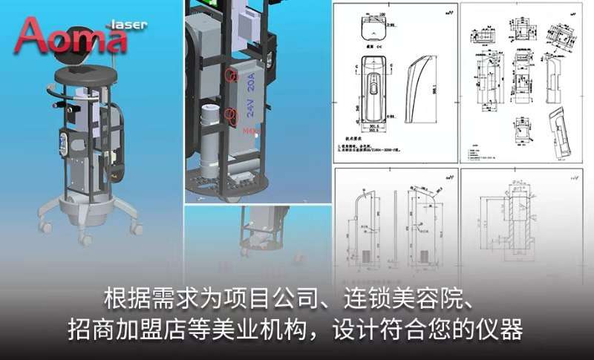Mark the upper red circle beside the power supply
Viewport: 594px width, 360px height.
(x=230, y=76)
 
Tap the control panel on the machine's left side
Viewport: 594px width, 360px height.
(x=65, y=140)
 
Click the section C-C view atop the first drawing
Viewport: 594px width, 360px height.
(x=371, y=30)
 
